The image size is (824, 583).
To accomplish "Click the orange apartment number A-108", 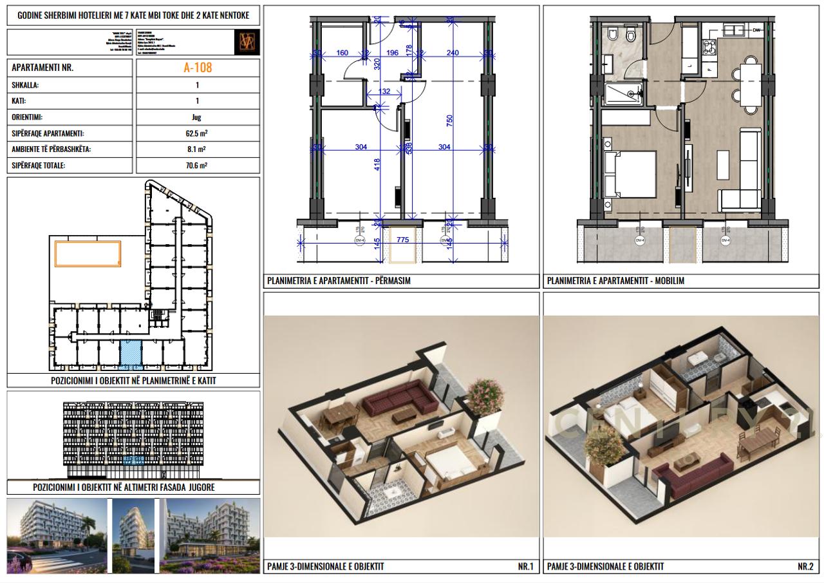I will coord(197,67).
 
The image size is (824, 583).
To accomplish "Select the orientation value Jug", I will coord(197,117).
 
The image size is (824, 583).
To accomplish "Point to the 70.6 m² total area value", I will coord(197,166).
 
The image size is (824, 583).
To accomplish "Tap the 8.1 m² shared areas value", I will coord(197,149).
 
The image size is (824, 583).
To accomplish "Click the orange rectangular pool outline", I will coord(88,253).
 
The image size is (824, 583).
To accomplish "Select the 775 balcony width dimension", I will coord(402,240).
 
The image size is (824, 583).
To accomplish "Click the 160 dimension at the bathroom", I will coord(342,53).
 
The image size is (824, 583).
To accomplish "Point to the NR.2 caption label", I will coord(805,566).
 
